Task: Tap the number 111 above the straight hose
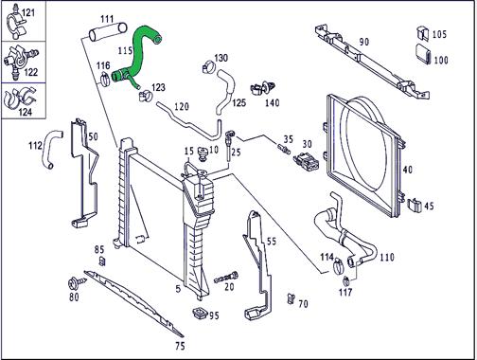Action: click(x=107, y=19)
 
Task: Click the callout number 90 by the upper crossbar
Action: click(x=364, y=42)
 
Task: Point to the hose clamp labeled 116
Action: click(x=105, y=79)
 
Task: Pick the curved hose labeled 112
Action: click(x=51, y=149)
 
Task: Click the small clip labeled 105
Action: click(x=423, y=33)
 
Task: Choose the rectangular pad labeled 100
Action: click(x=423, y=54)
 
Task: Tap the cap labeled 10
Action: click(x=202, y=154)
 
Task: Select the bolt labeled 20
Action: click(x=226, y=278)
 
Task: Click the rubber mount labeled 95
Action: click(x=200, y=313)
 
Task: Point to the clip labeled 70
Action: click(x=291, y=298)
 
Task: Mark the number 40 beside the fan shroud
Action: click(x=407, y=170)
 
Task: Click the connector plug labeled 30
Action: click(x=306, y=161)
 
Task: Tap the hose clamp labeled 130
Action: click(x=208, y=67)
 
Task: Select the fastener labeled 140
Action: click(x=263, y=88)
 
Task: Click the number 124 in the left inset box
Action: click(x=26, y=112)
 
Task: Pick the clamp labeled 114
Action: click(x=339, y=266)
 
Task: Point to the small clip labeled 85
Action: click(x=102, y=261)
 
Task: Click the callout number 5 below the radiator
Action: click(x=178, y=289)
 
